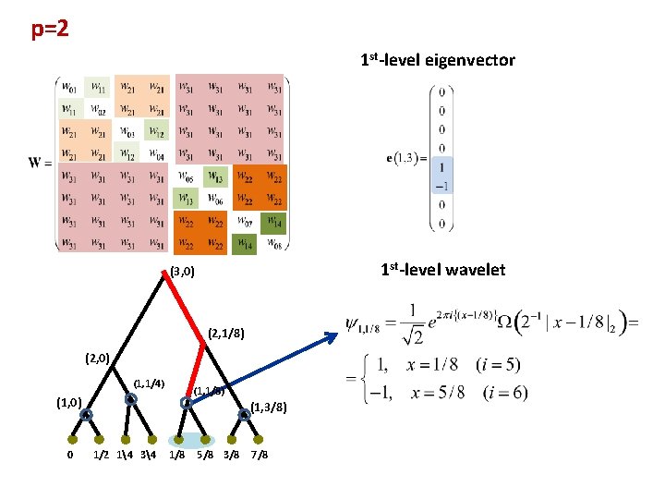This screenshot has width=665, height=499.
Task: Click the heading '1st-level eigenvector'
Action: [437, 61]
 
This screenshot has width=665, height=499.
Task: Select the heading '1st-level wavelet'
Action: [443, 270]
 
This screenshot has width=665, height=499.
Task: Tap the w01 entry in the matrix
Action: [70, 88]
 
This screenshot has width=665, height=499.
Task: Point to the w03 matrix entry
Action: [127, 131]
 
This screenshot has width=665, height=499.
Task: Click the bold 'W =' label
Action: [40, 164]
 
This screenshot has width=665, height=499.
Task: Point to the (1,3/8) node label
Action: [269, 407]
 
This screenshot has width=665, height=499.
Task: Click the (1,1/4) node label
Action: [149, 383]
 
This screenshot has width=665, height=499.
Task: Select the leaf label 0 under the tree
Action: [70, 455]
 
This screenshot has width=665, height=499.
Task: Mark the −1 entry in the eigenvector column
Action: [442, 187]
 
